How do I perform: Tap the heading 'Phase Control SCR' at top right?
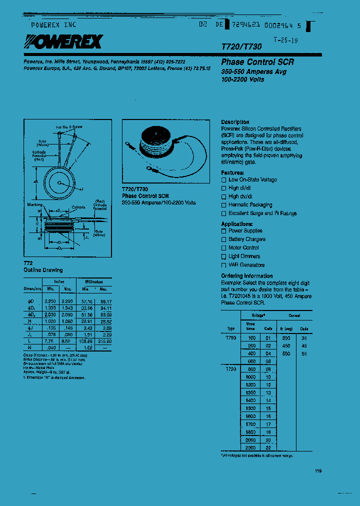[x=257, y=62]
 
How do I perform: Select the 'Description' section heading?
[x=235, y=122]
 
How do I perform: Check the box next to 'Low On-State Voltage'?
[x=224, y=180]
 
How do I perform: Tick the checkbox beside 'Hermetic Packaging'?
[x=224, y=205]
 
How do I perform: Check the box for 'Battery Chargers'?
[x=224, y=239]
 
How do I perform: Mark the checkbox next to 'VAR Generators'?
[x=224, y=265]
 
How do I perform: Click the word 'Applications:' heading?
[x=237, y=224]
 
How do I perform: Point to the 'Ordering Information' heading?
[x=247, y=276]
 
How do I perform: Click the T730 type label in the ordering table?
[x=230, y=338]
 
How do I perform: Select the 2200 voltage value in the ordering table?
[x=250, y=447]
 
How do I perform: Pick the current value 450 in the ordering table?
[x=286, y=345]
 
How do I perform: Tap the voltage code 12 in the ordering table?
[x=268, y=385]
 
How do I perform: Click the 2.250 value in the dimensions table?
[x=50, y=302]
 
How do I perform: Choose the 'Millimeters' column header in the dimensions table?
[x=91, y=281]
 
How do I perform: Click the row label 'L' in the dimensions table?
[x=30, y=340]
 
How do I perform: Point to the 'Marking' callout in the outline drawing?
[x=35, y=204]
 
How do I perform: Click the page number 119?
[x=318, y=471]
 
